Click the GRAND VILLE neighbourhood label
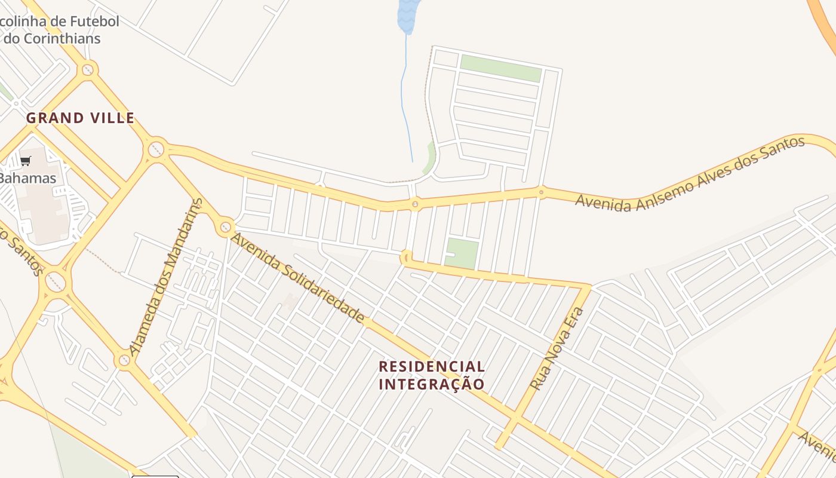81,118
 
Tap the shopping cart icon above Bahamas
26,161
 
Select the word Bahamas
28,178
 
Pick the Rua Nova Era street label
557,350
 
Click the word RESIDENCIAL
432,366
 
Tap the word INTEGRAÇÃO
432,384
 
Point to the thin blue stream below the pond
404,96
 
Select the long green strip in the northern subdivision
500,68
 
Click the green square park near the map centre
462,253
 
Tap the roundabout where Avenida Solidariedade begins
226,227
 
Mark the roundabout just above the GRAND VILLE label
88,70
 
